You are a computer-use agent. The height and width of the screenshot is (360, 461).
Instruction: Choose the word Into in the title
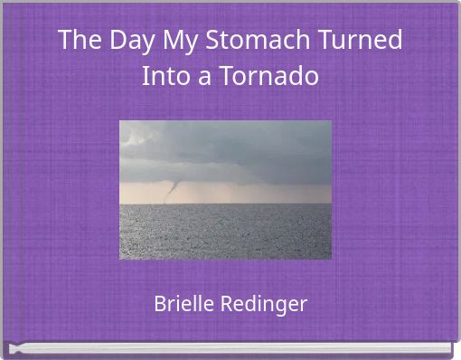click(164, 76)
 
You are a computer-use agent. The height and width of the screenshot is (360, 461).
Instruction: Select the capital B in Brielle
click(159, 304)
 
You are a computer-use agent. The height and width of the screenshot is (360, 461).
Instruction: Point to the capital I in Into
click(146, 76)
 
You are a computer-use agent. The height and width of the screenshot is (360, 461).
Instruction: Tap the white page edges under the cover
click(230, 348)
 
